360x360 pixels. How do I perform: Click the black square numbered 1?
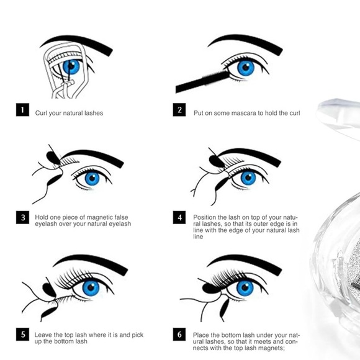(22, 111)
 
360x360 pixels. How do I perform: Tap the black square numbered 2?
(180, 111)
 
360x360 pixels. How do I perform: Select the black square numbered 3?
(22, 218)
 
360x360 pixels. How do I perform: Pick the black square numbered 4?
(180, 218)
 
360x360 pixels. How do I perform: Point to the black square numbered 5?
(22, 335)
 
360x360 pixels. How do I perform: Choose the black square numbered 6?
(180, 335)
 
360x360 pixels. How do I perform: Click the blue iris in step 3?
(92, 178)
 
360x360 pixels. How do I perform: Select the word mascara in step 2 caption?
(243, 113)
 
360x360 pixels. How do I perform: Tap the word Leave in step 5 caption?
(44, 334)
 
